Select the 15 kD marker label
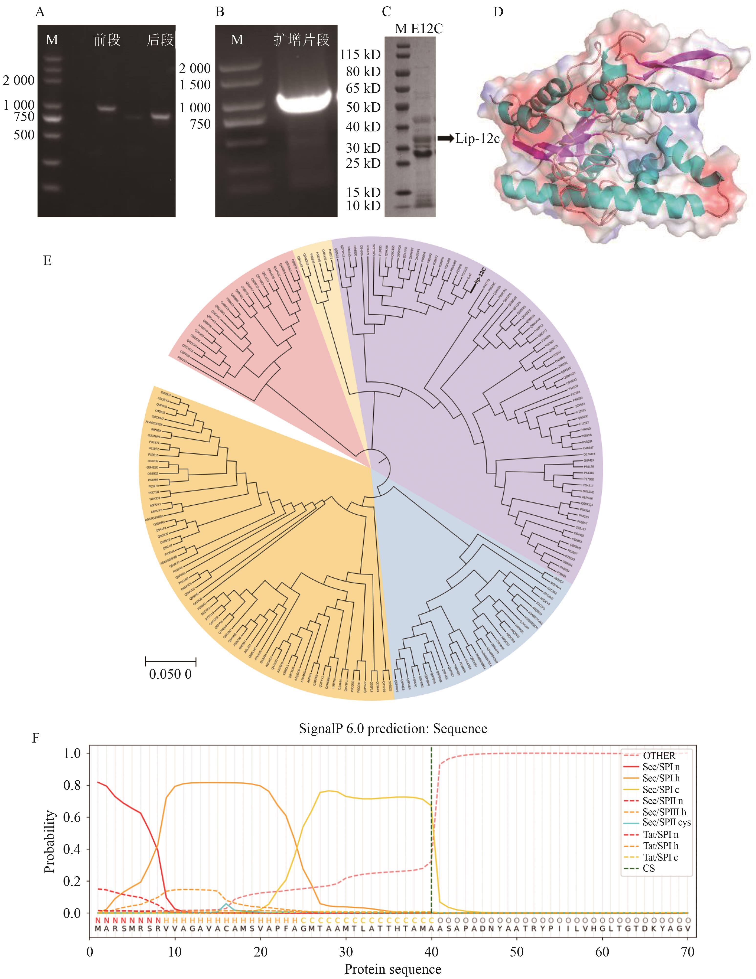tap(363, 192)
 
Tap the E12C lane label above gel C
tap(426, 29)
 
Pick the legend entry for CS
tap(648, 868)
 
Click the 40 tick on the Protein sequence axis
tap(431, 951)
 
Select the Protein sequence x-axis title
tap(393, 969)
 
